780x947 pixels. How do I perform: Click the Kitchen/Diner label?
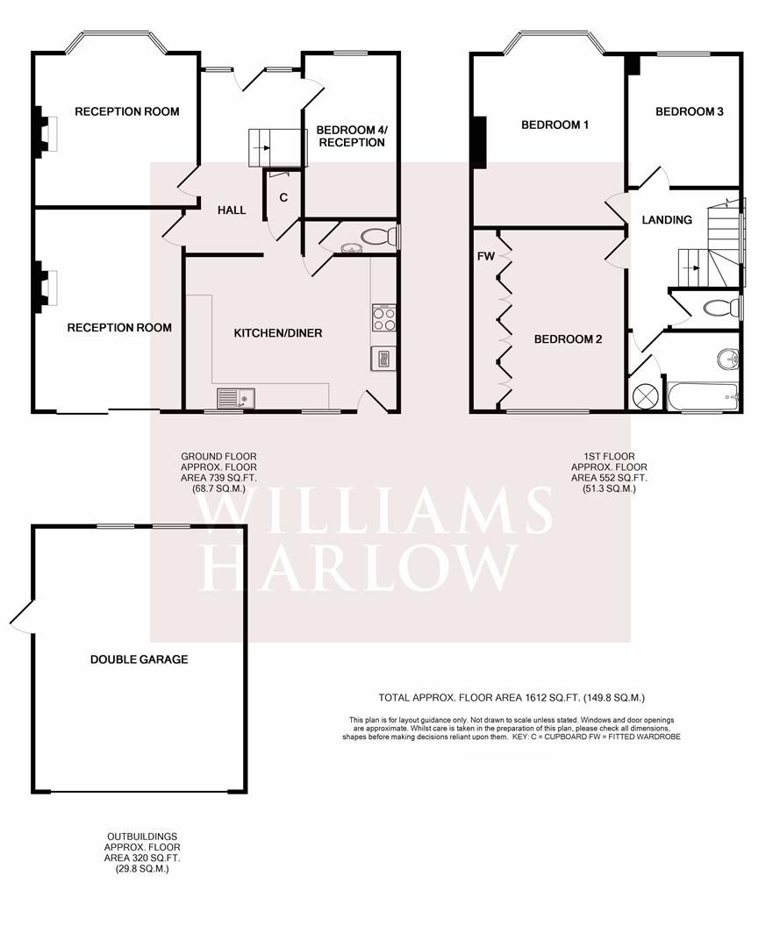tap(277, 333)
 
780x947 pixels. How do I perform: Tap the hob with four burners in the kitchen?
tap(384, 317)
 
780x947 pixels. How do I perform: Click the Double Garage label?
tap(139, 659)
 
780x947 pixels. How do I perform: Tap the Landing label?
tap(667, 220)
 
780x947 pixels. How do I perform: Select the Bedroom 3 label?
tap(689, 111)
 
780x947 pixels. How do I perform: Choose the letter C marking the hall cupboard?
tap(283, 197)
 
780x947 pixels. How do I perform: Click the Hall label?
tap(232, 210)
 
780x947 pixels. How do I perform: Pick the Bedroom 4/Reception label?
tap(350, 136)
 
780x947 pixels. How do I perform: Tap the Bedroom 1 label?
tap(555, 125)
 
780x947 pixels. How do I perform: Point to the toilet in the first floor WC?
tap(723, 309)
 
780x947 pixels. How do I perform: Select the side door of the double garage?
tap(21, 616)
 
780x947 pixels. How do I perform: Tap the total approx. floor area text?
tap(512, 698)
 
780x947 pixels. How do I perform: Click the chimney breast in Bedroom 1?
tap(478, 142)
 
